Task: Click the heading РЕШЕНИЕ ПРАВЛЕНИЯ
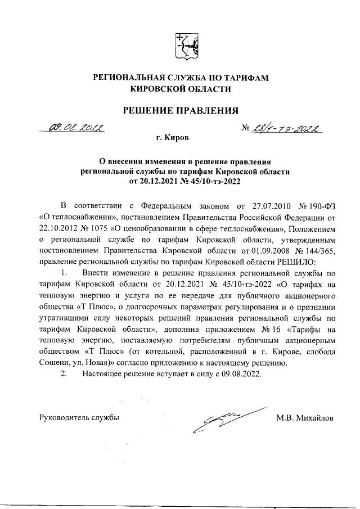(x=180, y=109)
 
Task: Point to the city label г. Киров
(x=173, y=137)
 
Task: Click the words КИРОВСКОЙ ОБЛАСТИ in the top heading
(x=180, y=89)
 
